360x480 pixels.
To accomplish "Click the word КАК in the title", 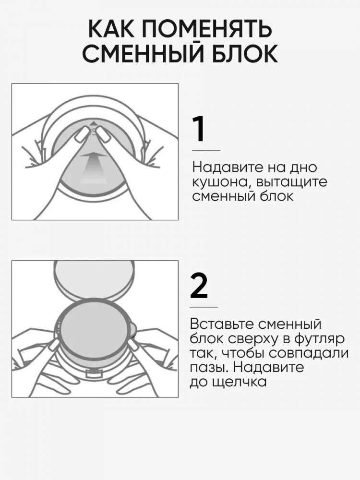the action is point(112,29).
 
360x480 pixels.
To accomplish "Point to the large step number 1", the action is point(199,129).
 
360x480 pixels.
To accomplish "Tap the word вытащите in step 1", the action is point(292,182).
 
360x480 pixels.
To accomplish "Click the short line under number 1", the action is point(206,150).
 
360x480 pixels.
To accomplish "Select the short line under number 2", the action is point(204,307).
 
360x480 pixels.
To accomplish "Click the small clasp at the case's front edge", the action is point(95,372).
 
